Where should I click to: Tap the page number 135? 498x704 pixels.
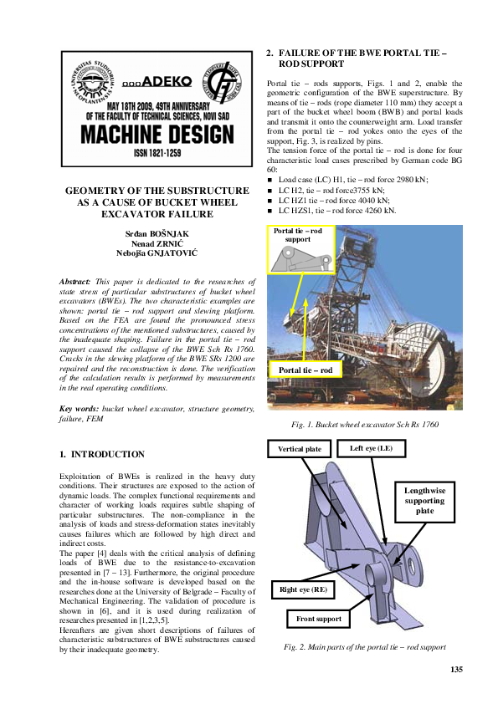456,670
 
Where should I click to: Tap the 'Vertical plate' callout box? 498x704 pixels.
300,449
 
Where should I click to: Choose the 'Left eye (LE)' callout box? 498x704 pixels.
377,449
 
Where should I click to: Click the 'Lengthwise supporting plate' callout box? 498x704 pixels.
425,500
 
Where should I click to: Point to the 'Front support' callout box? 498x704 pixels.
319,619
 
